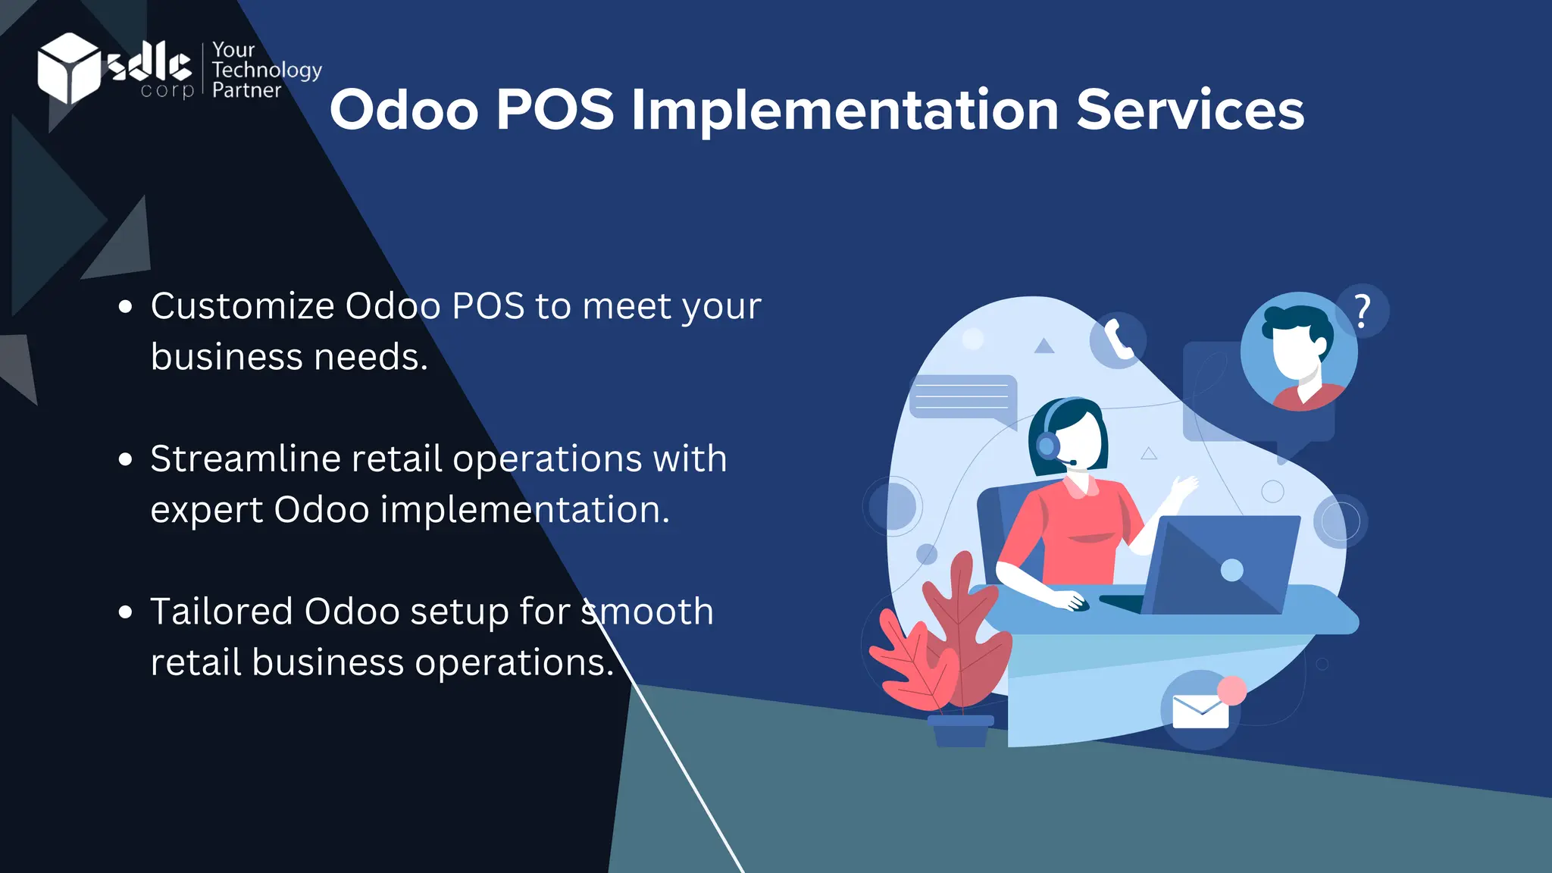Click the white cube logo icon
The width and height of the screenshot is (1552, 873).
(x=68, y=68)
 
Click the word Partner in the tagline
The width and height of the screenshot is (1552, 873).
(x=246, y=90)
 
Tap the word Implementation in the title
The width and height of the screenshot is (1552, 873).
(x=844, y=111)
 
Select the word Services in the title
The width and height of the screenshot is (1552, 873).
(x=1190, y=111)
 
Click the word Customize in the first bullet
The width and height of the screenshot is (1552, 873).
(x=242, y=307)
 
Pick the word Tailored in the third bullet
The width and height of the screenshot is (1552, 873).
(x=221, y=612)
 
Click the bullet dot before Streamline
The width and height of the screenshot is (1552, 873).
(x=126, y=459)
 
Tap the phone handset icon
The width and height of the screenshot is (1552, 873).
(x=1118, y=339)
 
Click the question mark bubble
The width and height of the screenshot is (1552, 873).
(x=1363, y=311)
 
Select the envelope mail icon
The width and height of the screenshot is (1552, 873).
(x=1200, y=712)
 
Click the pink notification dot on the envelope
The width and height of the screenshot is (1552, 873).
(x=1232, y=690)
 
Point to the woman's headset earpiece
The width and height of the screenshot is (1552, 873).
(x=1048, y=445)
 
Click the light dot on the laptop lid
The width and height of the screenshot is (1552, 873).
(x=1232, y=570)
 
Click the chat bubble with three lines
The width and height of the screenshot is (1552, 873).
(x=962, y=396)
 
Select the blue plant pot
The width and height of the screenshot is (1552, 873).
(x=961, y=731)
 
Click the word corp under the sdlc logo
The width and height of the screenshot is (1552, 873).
(x=167, y=92)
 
